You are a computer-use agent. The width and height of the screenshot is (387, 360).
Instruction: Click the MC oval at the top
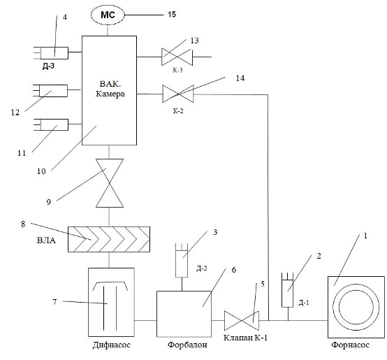coord(108,15)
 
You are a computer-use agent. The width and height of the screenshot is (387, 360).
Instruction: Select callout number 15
coord(172,14)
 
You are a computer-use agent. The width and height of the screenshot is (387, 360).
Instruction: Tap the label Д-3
coord(49,66)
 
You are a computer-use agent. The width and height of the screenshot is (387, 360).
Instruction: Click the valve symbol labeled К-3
coord(177,57)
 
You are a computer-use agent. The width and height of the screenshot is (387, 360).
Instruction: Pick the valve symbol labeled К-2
coord(178,94)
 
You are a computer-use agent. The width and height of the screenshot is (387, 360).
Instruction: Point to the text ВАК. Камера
coord(110,89)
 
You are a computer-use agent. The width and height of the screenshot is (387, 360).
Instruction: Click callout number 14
coord(240,78)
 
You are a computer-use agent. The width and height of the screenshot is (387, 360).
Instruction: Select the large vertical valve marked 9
coord(110,183)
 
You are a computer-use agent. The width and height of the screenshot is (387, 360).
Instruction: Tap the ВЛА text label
coord(46,240)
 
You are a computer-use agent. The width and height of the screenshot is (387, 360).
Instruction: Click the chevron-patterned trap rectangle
coord(109,239)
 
